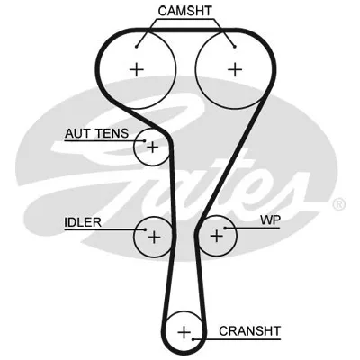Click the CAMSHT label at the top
coord(184,11)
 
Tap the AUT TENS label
coord(96,133)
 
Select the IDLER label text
coord(83,222)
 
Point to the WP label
coord(270,220)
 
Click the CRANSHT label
coord(249,331)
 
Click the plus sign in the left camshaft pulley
coord(137,70)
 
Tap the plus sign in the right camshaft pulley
coord(235,69)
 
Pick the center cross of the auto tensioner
coord(153,148)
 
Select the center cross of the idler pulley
coord(154,237)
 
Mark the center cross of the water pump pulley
coord(217,236)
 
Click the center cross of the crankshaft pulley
coord(184,332)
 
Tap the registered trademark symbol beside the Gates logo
coord(339,204)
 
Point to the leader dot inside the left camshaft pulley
coord(136,47)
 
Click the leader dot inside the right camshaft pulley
coord(235,47)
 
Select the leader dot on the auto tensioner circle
coord(145,140)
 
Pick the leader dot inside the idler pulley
coord(145,230)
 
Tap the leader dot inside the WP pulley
coord(225,229)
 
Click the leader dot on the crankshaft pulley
coord(193,339)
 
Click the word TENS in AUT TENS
coord(112,133)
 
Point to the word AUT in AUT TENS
coord(77,133)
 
